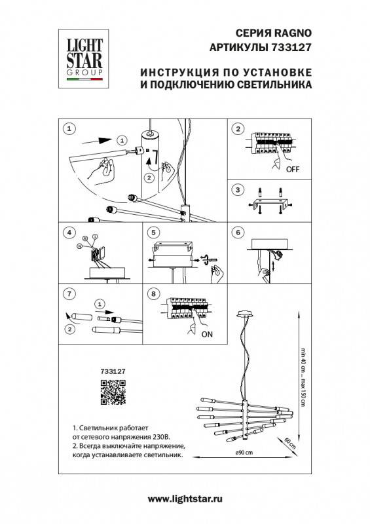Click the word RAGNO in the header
[296, 34]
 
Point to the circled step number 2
[238, 129]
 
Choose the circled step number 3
[238, 190]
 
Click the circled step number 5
[153, 233]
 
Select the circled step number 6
[238, 233]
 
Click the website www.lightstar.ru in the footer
[185, 499]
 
